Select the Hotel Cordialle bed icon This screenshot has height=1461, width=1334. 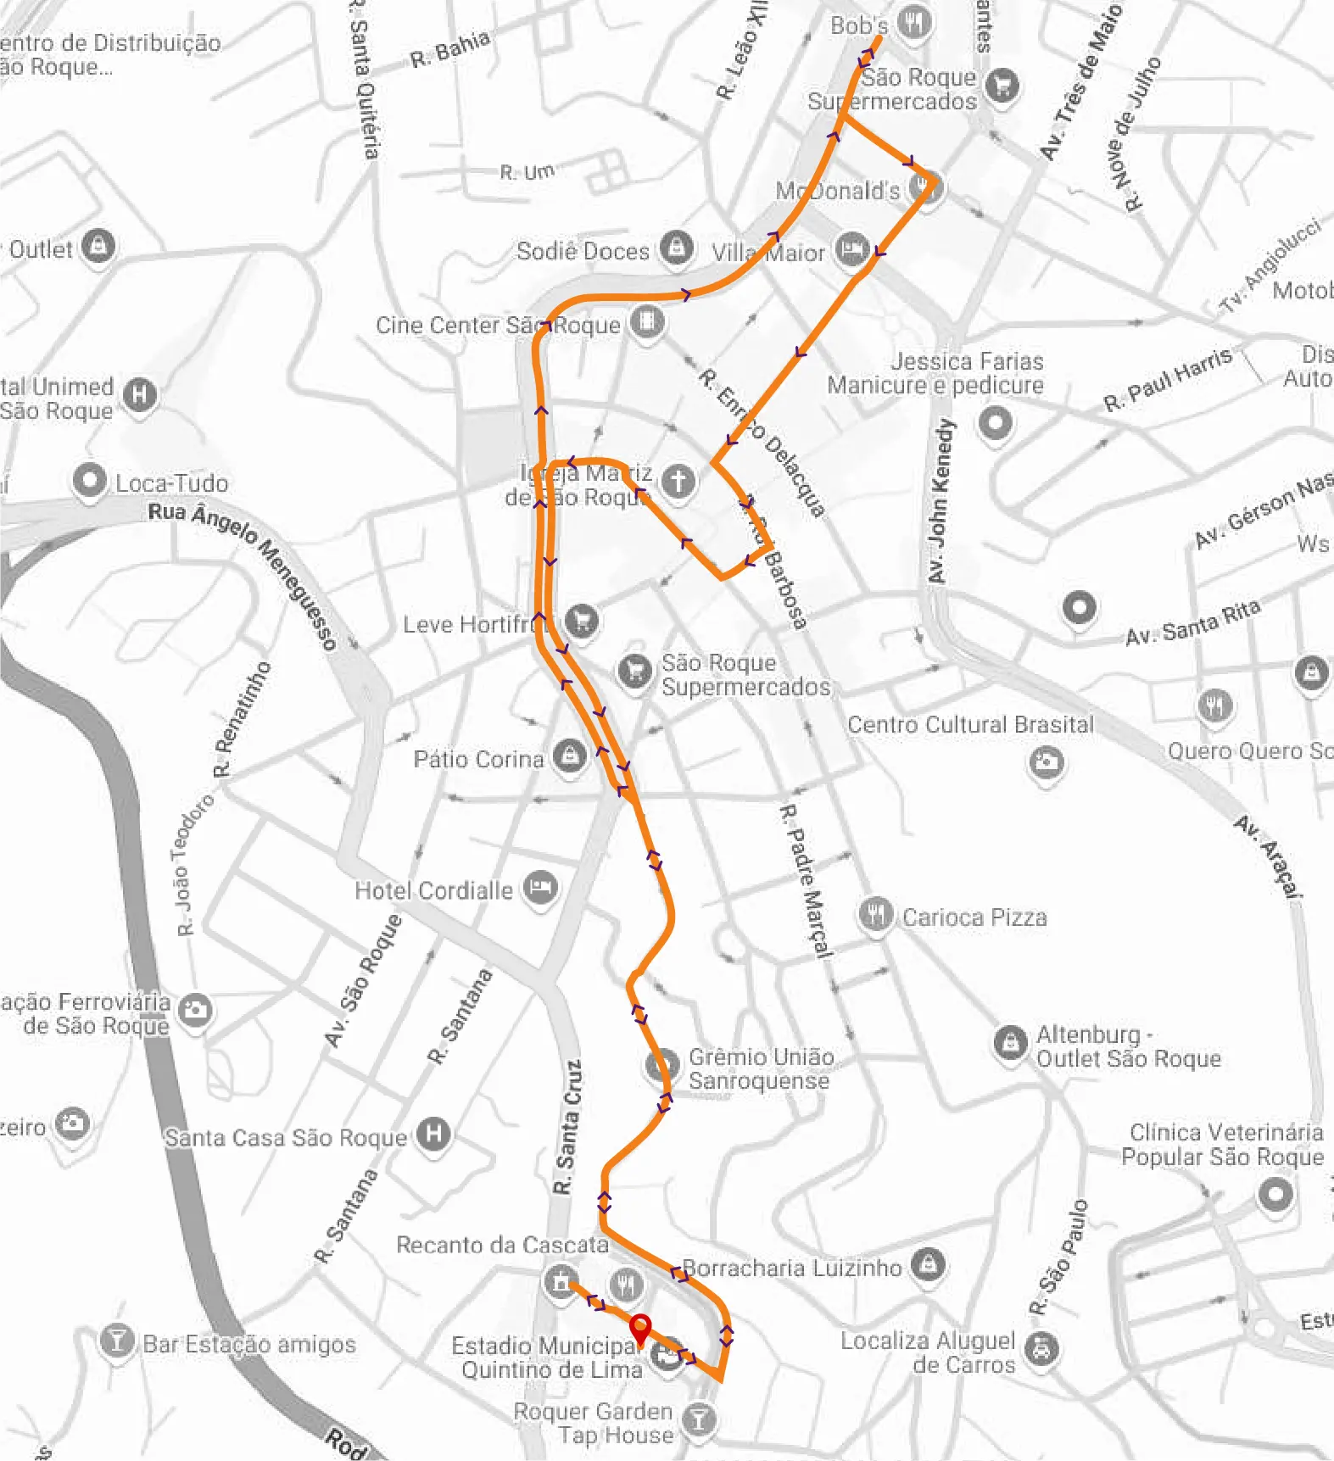540,889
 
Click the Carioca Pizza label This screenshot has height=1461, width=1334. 974,917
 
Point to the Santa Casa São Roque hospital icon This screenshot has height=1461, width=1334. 433,1134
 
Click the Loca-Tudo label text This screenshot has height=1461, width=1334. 172,483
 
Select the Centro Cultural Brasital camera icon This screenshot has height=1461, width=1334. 1047,761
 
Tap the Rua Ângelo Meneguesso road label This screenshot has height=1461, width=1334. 244,572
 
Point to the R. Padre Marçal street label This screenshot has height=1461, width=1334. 806,882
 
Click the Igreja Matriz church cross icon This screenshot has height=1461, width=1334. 678,481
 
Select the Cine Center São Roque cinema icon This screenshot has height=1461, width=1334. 646,322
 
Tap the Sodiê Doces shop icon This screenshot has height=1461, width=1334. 676,248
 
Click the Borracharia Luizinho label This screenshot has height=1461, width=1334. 791,1268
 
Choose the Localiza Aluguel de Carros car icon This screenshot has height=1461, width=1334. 1041,1347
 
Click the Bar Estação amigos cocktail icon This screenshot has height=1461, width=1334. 116,1341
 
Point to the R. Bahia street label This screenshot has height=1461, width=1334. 449,49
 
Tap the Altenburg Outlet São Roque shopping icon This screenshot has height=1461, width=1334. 1010,1042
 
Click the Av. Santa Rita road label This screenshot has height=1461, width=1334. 1192,622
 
